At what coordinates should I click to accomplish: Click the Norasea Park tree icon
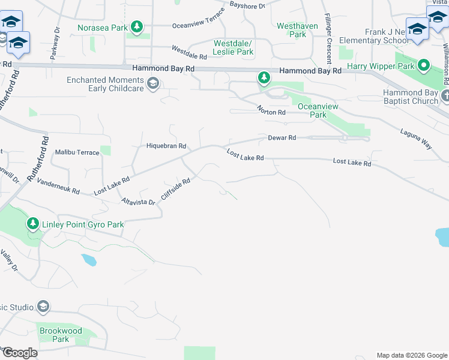[x=137, y=27]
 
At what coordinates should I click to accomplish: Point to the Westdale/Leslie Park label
[x=234, y=47]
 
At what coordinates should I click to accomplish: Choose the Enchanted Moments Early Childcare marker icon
[x=153, y=83]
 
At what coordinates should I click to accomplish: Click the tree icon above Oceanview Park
[x=264, y=77]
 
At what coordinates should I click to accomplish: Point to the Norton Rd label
[x=271, y=110]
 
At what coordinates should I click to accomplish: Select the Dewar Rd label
[x=282, y=138]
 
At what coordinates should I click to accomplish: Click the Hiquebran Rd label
[x=167, y=146]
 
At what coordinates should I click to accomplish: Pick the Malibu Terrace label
[x=77, y=152]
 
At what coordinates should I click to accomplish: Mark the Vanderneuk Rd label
[x=58, y=186]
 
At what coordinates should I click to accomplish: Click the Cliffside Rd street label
[x=176, y=189]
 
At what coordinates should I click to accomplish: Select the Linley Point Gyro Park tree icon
[x=32, y=224]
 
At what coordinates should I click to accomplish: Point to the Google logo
[x=19, y=352]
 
